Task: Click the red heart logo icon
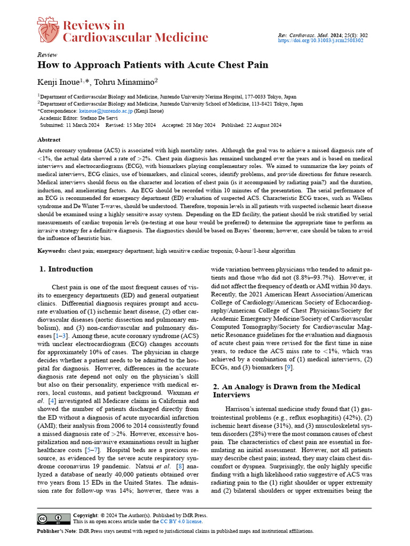coord(49,30)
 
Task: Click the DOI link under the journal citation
coord(321,41)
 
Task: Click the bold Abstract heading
coord(49,140)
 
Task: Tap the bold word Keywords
coord(52,251)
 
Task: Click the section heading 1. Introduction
coord(66,269)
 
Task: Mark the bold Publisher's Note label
coord(56,532)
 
